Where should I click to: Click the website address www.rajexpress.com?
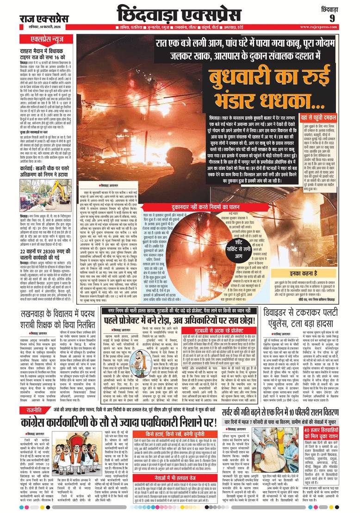point(326,27)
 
